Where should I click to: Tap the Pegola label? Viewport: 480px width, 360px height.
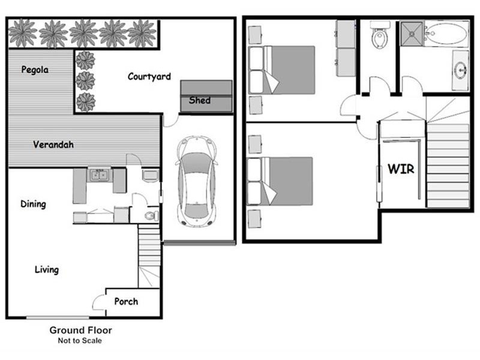[x=35, y=70]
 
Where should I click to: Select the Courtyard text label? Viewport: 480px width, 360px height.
[x=149, y=77]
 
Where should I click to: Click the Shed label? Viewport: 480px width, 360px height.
[x=200, y=100]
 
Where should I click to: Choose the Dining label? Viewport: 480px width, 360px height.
[x=33, y=204]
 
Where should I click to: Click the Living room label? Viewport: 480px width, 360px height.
[x=46, y=269]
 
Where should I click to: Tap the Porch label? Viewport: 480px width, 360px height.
[x=126, y=301]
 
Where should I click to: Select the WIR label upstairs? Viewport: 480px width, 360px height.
[x=401, y=169]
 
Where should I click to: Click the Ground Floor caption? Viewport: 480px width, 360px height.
[x=80, y=330]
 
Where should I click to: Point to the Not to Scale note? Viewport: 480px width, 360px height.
[x=80, y=341]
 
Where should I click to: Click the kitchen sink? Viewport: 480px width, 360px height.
[x=98, y=175]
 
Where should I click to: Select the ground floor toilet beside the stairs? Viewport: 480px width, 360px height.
[x=151, y=215]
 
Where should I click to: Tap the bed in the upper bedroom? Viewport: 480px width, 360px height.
[x=287, y=70]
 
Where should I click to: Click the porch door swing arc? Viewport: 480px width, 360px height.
[x=98, y=302]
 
